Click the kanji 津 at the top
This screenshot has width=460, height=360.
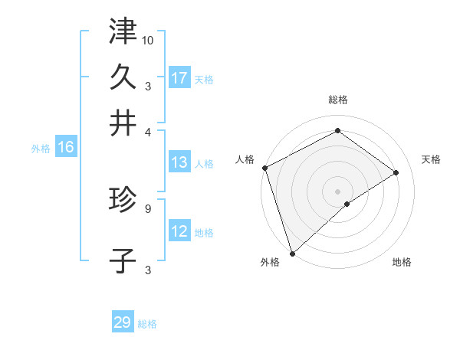pyautogui.click(x=123, y=31)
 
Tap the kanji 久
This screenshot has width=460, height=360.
pyautogui.click(x=123, y=77)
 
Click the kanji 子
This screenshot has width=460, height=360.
pyautogui.click(x=123, y=260)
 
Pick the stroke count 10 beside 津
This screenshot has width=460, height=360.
pyautogui.click(x=148, y=39)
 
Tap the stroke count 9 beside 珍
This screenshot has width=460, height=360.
pyautogui.click(x=147, y=207)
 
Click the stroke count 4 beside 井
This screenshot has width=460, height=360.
pyautogui.click(x=147, y=131)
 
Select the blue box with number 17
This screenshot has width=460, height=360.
pyautogui.click(x=179, y=78)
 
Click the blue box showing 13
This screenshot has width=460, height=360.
pyautogui.click(x=179, y=162)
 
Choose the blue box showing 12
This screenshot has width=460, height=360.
pyautogui.click(x=179, y=231)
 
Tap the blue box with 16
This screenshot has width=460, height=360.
pyautogui.click(x=66, y=148)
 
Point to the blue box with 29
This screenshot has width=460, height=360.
pyautogui.click(x=123, y=322)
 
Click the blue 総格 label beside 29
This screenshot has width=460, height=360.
pyautogui.click(x=147, y=324)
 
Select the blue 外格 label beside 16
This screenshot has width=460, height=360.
pyautogui.click(x=40, y=149)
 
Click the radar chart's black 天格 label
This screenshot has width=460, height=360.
pyautogui.click(x=431, y=159)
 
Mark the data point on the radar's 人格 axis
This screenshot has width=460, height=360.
pyautogui.click(x=264, y=168)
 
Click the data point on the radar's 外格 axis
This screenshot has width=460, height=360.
pyautogui.click(x=292, y=253)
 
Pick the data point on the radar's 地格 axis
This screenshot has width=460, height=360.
pyautogui.click(x=347, y=204)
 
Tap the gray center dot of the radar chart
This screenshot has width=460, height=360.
pyautogui.click(x=337, y=191)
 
